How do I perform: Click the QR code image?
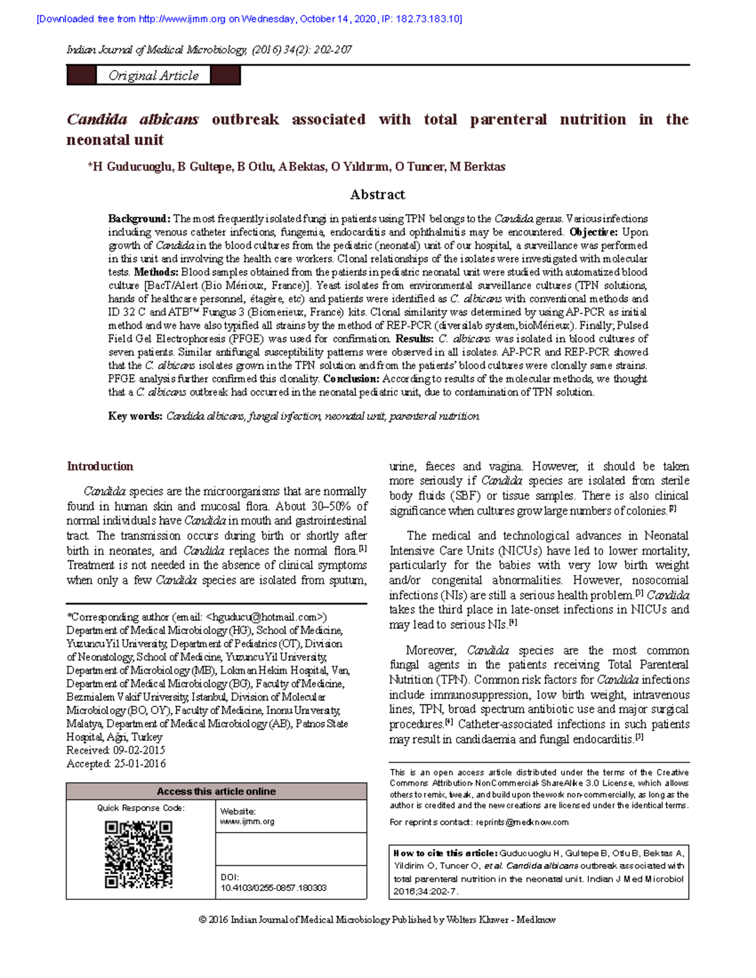[139, 855]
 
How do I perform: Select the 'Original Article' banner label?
[153, 76]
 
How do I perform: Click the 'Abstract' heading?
[377, 195]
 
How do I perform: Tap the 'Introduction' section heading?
[100, 466]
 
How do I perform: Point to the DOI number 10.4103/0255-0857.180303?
[273, 888]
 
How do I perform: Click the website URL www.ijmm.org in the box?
[247, 822]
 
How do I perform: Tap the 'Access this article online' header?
[216, 792]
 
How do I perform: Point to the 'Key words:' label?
[135, 416]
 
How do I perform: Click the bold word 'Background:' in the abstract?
[139, 219]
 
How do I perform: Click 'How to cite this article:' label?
[445, 854]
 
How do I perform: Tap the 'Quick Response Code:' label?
[140, 808]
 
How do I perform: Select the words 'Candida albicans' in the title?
[133, 120]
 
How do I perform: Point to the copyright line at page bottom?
[377, 920]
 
